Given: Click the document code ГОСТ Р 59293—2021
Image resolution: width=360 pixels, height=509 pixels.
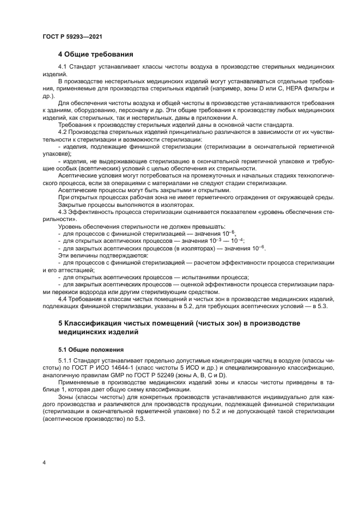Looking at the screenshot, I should coord(72,36).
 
